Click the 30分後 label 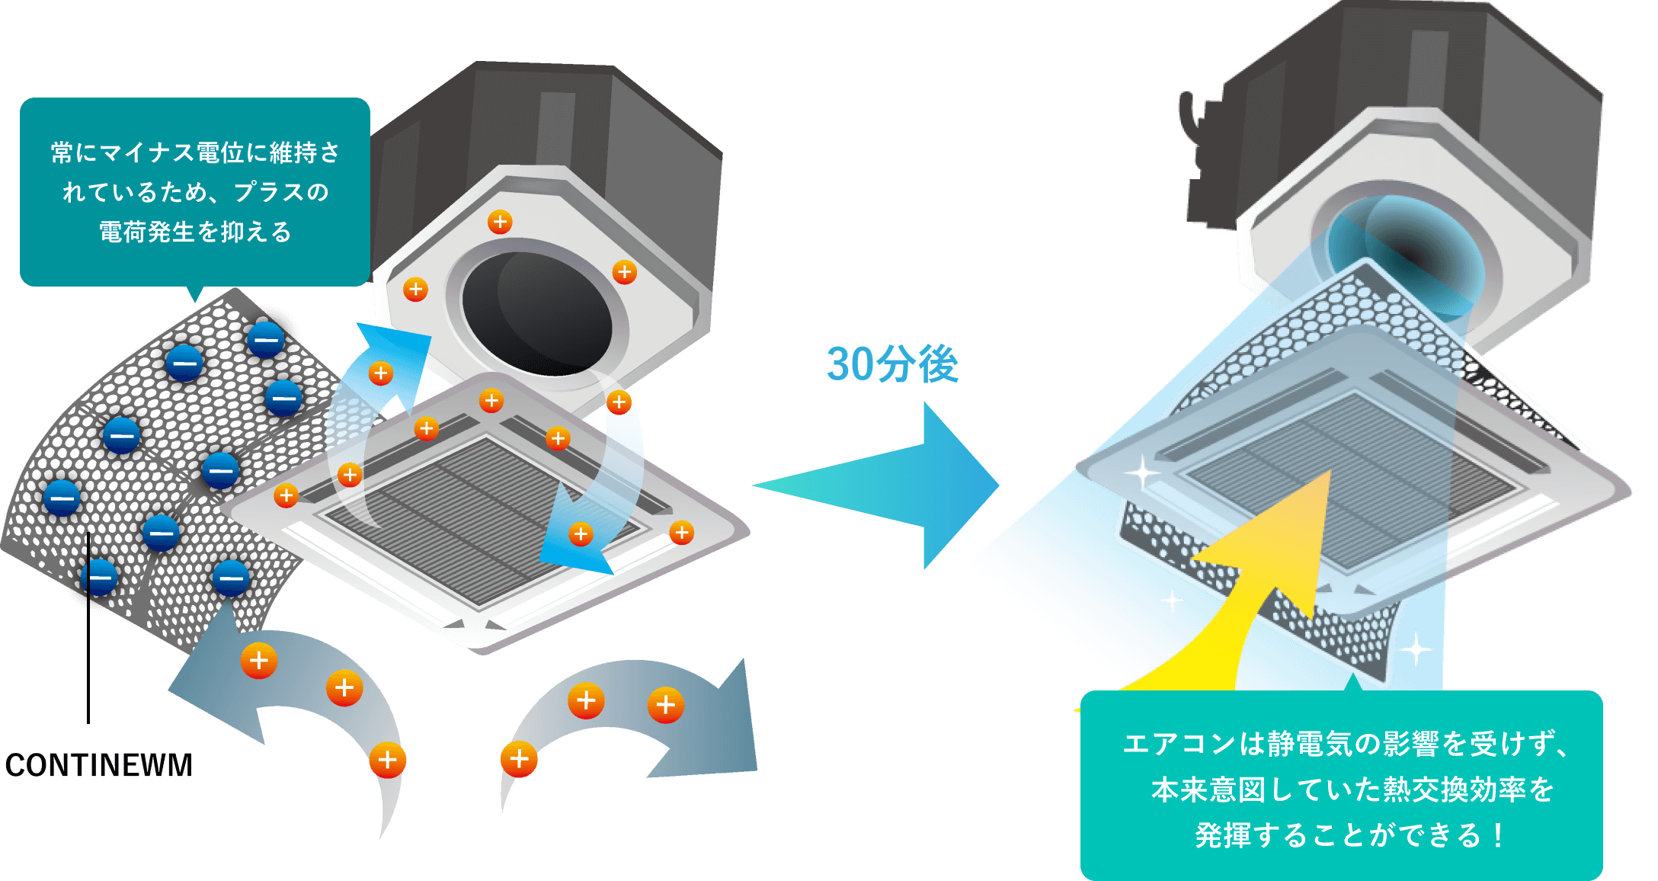(x=892, y=364)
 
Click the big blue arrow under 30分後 (x=914, y=485)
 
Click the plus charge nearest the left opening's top (x=500, y=222)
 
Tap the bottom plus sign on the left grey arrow (x=387, y=760)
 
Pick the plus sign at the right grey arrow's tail (x=519, y=759)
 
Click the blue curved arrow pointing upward (x=373, y=396)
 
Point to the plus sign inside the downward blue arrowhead (x=580, y=533)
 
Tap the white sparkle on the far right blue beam (x=1416, y=650)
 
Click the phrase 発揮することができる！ (x=1349, y=835)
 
